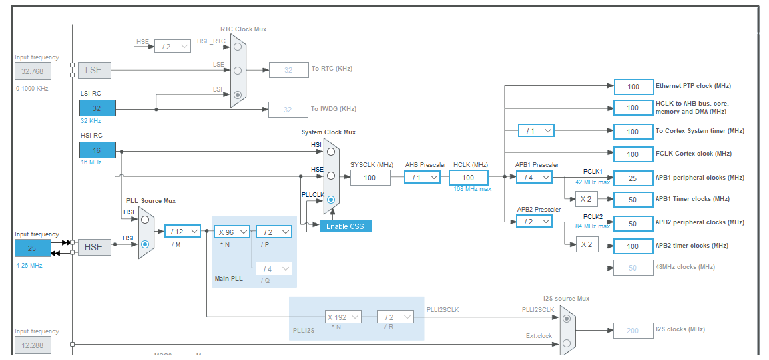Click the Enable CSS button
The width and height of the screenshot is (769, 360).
coord(345,226)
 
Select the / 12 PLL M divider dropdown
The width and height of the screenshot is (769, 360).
coord(182,231)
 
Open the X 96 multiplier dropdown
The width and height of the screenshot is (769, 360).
coord(232,231)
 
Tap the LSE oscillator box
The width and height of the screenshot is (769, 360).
coord(94,70)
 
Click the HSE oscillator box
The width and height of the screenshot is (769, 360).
coord(94,247)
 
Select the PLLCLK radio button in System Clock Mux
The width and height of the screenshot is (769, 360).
coord(330,200)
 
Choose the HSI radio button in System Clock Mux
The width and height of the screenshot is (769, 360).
coord(330,152)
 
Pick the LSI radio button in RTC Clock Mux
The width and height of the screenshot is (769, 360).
coord(237,95)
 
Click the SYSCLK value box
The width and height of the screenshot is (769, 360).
coord(370,177)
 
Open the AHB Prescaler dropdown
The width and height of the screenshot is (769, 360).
coord(422,177)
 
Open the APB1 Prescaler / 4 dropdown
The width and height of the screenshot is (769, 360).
coord(534,177)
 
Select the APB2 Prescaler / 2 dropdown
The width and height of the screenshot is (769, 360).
coord(534,221)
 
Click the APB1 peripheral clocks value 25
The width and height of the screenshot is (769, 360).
coord(633,178)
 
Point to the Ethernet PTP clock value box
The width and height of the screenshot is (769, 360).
coord(633,87)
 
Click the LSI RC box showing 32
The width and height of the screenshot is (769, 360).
coord(97,108)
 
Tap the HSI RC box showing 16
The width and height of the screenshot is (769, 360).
coord(97,150)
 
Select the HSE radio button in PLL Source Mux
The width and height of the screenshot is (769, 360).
coord(144,244)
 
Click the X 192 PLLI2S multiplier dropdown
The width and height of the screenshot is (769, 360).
coord(343,317)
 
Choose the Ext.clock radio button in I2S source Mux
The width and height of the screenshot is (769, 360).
coord(566,343)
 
